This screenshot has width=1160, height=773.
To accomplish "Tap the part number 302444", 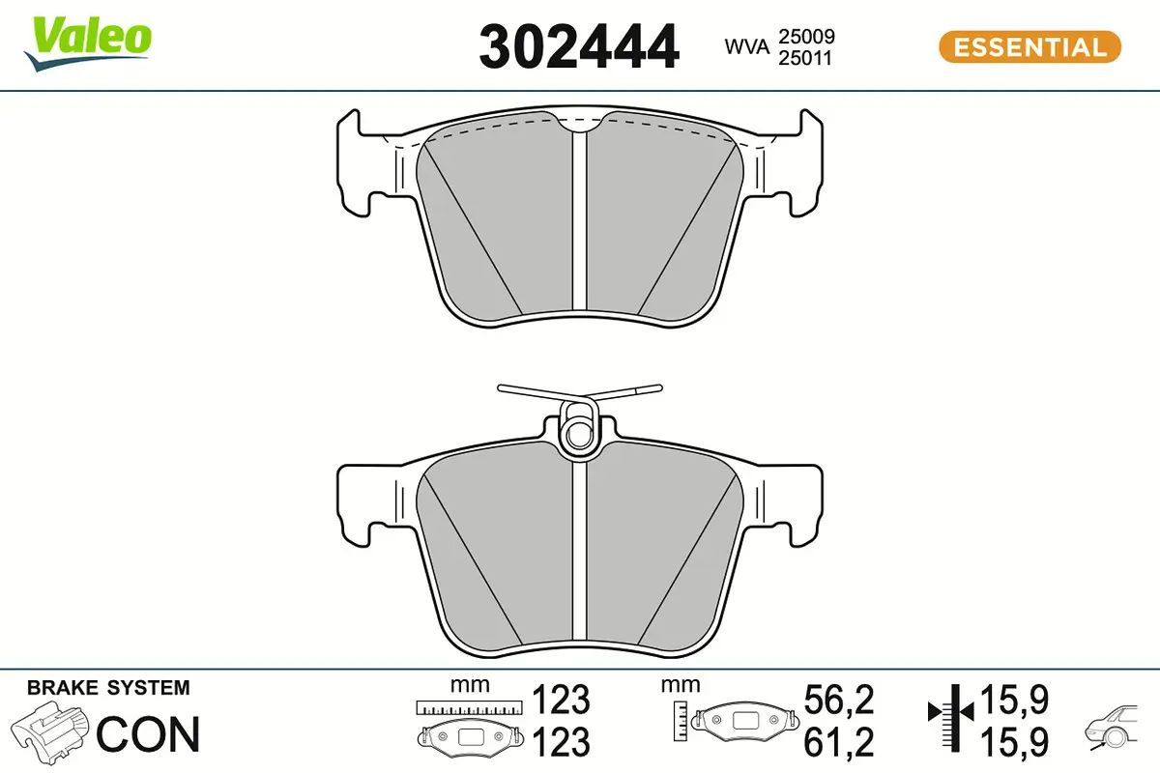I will pyautogui.click(x=579, y=47).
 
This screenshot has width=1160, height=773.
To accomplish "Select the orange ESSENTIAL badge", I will pyautogui.click(x=1029, y=47).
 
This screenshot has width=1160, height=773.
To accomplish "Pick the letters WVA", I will pyautogui.click(x=745, y=46).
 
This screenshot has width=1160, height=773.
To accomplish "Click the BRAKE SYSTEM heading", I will pyautogui.click(x=108, y=688).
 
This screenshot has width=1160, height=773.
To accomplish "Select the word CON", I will pyautogui.click(x=149, y=734).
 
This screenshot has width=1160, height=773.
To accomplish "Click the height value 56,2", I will pyautogui.click(x=839, y=699).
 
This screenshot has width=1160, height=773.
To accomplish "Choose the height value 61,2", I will pyautogui.click(x=839, y=741).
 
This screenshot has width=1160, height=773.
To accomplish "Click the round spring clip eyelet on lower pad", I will pyautogui.click(x=579, y=428).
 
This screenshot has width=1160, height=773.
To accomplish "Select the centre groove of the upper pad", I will pyautogui.click(x=580, y=222).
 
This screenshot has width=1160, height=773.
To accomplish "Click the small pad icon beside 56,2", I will pyautogui.click(x=744, y=720).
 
